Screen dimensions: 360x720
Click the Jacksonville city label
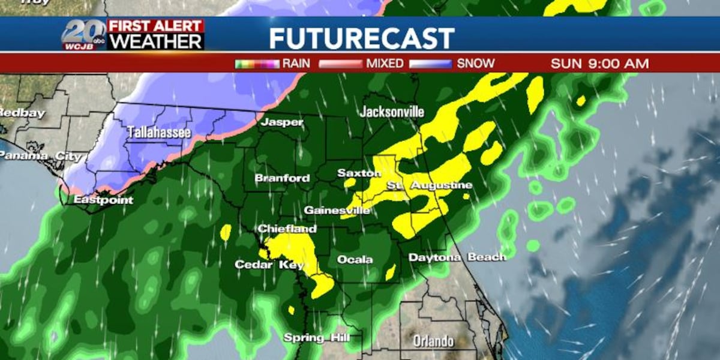coord(392,112)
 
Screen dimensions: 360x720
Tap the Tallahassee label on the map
coord(158,132)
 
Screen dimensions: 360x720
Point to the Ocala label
coord(355,260)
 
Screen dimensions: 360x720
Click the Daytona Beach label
coord(457,257)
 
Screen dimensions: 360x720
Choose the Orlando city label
coord(433,341)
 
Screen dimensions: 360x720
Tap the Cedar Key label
coord(269,265)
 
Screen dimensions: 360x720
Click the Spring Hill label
coord(316,338)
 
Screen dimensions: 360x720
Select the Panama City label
coord(40,156)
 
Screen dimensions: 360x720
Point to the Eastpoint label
coord(103,200)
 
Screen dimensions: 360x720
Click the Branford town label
coord(282,178)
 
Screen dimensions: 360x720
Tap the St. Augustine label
coord(428,185)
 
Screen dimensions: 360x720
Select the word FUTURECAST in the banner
coord(361,38)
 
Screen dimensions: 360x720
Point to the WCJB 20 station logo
coord(83,34)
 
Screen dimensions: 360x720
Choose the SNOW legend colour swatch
coord(430,64)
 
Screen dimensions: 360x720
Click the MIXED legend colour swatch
coord(340,64)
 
